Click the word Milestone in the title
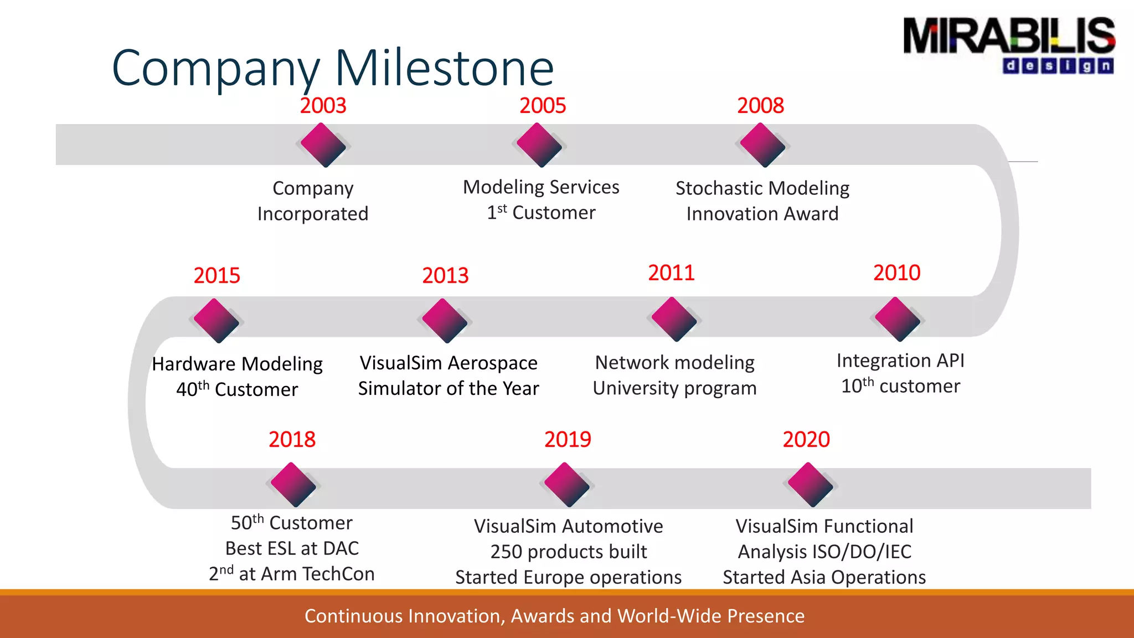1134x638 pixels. [x=444, y=68]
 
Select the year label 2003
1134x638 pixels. [x=323, y=105]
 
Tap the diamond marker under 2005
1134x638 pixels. [x=539, y=145]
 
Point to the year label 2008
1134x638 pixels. [x=760, y=105]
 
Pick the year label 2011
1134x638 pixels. [x=671, y=272]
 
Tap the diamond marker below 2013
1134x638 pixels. [x=444, y=321]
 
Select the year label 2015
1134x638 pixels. [x=217, y=275]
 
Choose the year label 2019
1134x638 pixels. [x=568, y=439]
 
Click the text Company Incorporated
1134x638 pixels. [x=313, y=200]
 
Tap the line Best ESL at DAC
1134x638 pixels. [x=292, y=548]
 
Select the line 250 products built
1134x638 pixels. [x=568, y=552]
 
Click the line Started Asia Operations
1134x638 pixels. [x=824, y=577]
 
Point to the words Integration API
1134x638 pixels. [x=900, y=361]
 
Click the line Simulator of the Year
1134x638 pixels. [x=449, y=388]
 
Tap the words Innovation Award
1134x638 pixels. [x=762, y=214]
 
